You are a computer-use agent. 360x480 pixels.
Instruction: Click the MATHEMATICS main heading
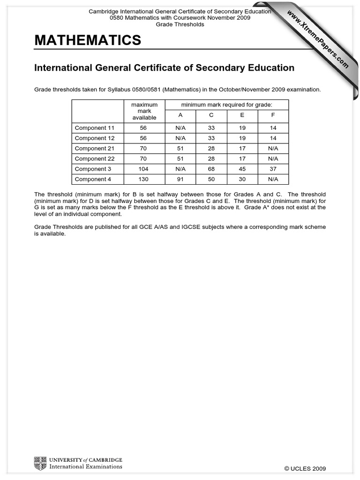click(x=88, y=41)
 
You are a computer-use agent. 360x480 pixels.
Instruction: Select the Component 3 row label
click(x=93, y=169)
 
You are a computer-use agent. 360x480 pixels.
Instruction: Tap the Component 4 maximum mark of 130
click(x=144, y=179)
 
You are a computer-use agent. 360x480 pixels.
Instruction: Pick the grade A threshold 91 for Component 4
click(x=180, y=179)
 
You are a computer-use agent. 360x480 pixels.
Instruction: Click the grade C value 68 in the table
click(x=211, y=169)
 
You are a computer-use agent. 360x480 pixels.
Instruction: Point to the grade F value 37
click(x=273, y=169)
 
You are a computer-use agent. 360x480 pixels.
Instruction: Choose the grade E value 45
click(x=242, y=169)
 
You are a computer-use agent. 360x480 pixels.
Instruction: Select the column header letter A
click(x=180, y=115)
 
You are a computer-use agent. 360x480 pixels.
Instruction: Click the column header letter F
click(x=273, y=115)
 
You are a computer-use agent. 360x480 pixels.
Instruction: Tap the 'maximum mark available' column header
click(x=144, y=111)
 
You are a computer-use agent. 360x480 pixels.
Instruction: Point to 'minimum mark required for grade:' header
click(x=226, y=104)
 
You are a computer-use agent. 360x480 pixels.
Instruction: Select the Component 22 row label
click(x=94, y=158)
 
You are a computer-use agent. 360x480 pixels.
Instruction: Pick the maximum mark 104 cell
click(x=144, y=169)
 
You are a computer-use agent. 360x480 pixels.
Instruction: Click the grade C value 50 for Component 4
click(x=211, y=179)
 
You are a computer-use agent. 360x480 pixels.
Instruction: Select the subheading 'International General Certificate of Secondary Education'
click(x=164, y=68)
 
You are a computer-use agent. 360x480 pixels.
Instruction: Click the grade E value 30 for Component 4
click(x=242, y=179)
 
